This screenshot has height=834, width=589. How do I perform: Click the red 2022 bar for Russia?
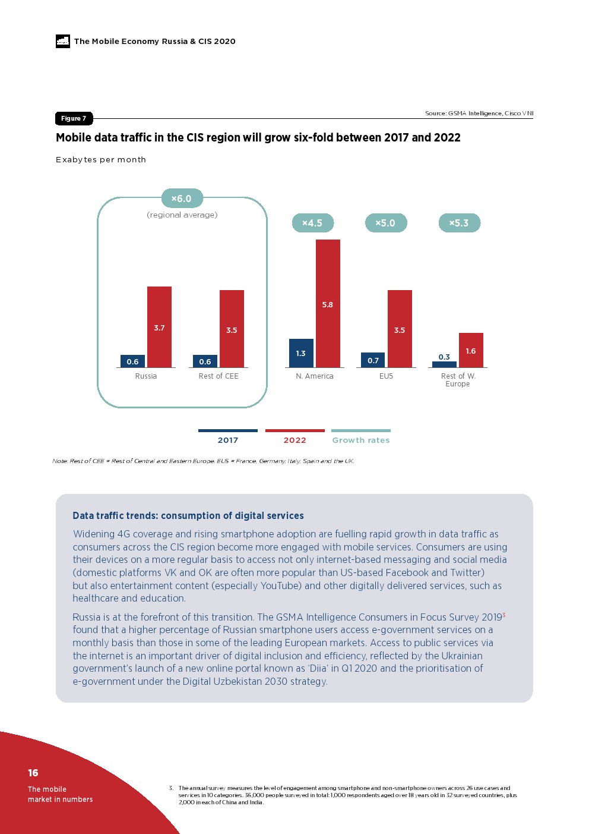[x=159, y=326]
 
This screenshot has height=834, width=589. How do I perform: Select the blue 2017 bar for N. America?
[x=301, y=353]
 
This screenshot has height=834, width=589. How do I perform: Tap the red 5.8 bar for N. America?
[x=328, y=303]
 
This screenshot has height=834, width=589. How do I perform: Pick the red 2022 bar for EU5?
[x=400, y=329]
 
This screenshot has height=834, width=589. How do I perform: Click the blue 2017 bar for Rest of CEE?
[x=205, y=361]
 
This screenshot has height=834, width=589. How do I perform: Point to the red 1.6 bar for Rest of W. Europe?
[x=471, y=350]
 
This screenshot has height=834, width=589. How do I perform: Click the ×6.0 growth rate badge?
[x=182, y=199]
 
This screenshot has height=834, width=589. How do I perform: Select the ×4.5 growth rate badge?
[x=312, y=223]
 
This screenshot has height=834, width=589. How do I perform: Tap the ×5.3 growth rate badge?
[x=459, y=223]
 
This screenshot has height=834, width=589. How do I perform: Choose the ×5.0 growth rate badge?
[x=385, y=223]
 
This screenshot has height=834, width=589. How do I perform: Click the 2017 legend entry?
[x=228, y=440]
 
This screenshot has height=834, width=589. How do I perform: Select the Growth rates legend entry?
[x=361, y=440]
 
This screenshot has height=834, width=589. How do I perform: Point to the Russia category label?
[x=146, y=376]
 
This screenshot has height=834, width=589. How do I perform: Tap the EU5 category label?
[x=386, y=376]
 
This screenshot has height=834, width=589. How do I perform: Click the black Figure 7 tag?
[x=74, y=118]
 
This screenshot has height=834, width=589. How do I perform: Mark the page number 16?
[x=33, y=773]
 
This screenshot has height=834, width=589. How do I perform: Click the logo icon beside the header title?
[x=63, y=41]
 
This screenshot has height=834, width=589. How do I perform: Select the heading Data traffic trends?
[x=188, y=515]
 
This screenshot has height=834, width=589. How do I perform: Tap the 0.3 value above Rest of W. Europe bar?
[x=444, y=357]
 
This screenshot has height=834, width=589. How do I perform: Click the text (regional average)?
[x=182, y=215]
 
